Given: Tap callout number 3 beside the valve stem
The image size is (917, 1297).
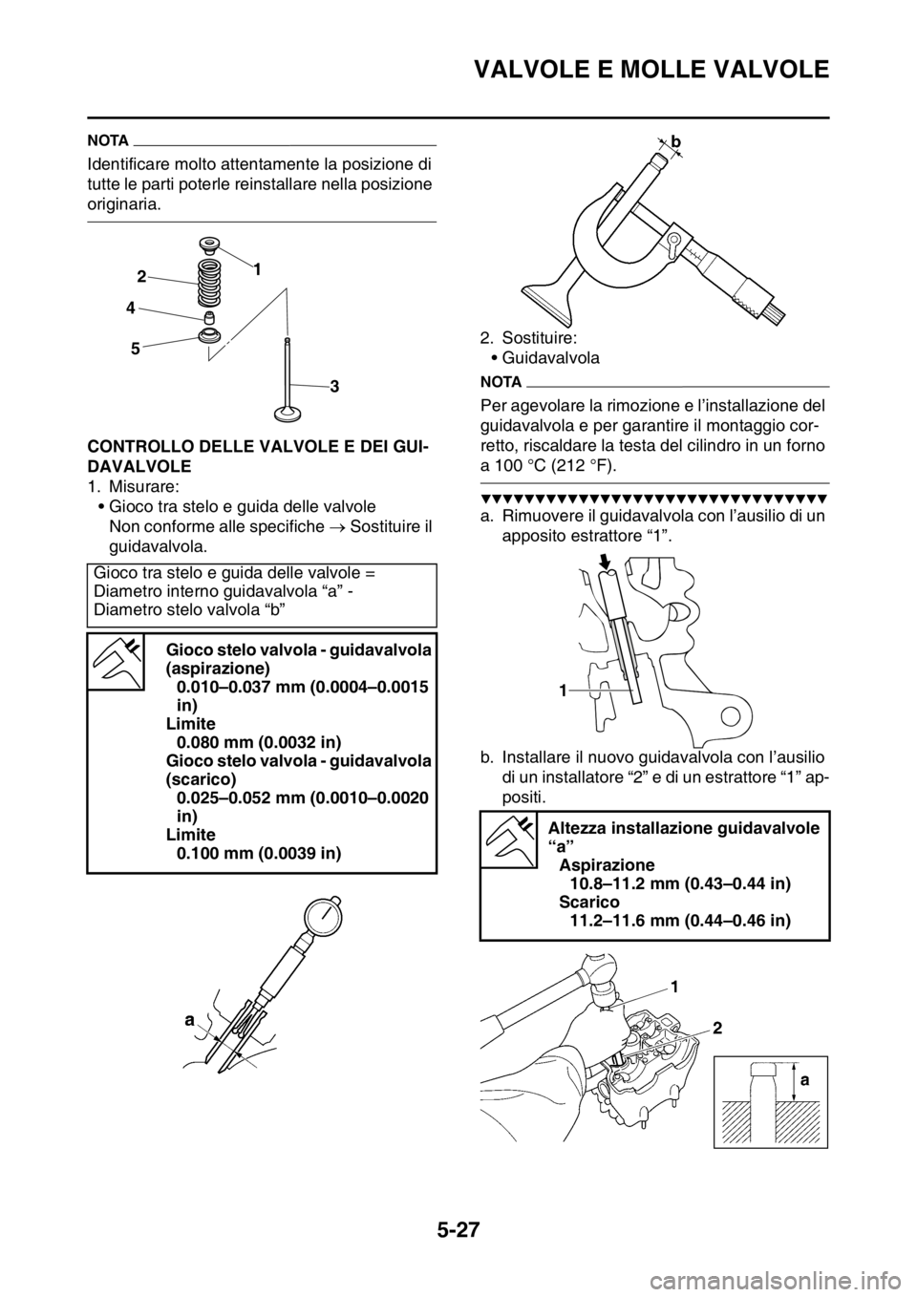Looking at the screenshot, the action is pyautogui.click(x=335, y=387).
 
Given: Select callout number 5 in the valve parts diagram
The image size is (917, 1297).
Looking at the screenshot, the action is pyautogui.click(x=135, y=350).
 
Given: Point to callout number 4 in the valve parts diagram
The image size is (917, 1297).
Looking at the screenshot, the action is pyautogui.click(x=131, y=309).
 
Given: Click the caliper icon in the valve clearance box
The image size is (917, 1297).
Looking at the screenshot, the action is pyautogui.click(x=116, y=661).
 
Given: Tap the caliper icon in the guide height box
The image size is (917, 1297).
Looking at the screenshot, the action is pyautogui.click(x=509, y=840).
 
